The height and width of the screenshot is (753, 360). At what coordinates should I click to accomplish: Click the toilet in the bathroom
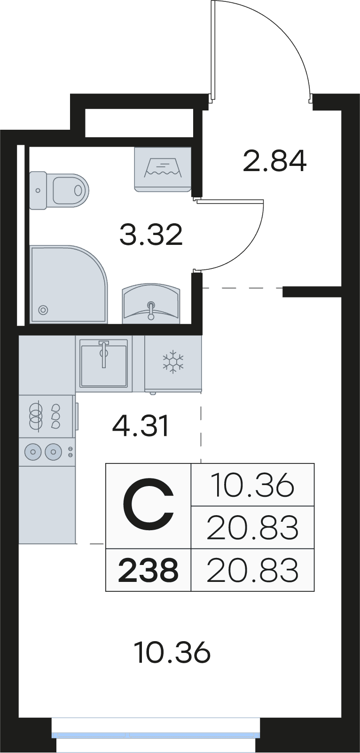[x=59, y=191]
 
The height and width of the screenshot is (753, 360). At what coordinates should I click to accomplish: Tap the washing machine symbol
[x=163, y=169]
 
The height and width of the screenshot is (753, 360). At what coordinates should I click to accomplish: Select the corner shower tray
[x=69, y=284]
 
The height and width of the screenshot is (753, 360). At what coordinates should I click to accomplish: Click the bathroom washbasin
[x=151, y=305]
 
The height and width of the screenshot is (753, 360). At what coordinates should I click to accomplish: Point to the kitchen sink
[x=104, y=363]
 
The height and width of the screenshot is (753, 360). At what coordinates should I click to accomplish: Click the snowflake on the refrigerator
[x=173, y=362]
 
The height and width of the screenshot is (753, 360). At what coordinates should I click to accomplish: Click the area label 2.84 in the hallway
[x=274, y=161]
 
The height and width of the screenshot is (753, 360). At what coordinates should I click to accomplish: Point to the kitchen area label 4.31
[x=141, y=426]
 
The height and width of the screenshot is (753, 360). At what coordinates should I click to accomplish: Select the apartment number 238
[x=148, y=570]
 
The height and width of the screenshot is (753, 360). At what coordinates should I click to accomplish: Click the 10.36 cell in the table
[x=253, y=485]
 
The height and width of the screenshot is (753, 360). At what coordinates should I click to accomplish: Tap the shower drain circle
[x=43, y=310]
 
